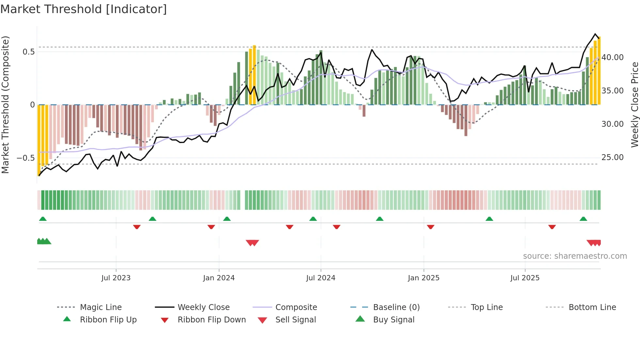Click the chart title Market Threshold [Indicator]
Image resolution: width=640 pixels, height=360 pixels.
84,9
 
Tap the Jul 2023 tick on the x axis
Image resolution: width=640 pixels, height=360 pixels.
116,278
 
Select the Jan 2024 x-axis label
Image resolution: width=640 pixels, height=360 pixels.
219,278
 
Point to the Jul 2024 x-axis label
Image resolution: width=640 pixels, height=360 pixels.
321,278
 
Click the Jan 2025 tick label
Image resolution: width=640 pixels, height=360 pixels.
424,278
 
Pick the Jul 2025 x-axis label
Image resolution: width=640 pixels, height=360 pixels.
525,278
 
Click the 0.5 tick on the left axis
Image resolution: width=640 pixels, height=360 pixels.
29,52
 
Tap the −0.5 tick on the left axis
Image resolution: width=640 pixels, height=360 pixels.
25,158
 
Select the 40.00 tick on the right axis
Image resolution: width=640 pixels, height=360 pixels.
613,57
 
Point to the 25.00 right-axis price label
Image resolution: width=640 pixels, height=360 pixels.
613,157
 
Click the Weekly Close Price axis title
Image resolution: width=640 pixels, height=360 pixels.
634,105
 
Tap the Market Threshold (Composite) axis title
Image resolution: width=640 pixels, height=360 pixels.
5,105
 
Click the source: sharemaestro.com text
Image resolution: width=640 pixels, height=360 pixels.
575,256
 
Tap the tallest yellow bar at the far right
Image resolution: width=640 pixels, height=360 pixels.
599,71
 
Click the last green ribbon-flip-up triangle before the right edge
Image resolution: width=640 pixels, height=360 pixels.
583,219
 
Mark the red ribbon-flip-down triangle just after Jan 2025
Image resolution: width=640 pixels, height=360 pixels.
430,227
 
